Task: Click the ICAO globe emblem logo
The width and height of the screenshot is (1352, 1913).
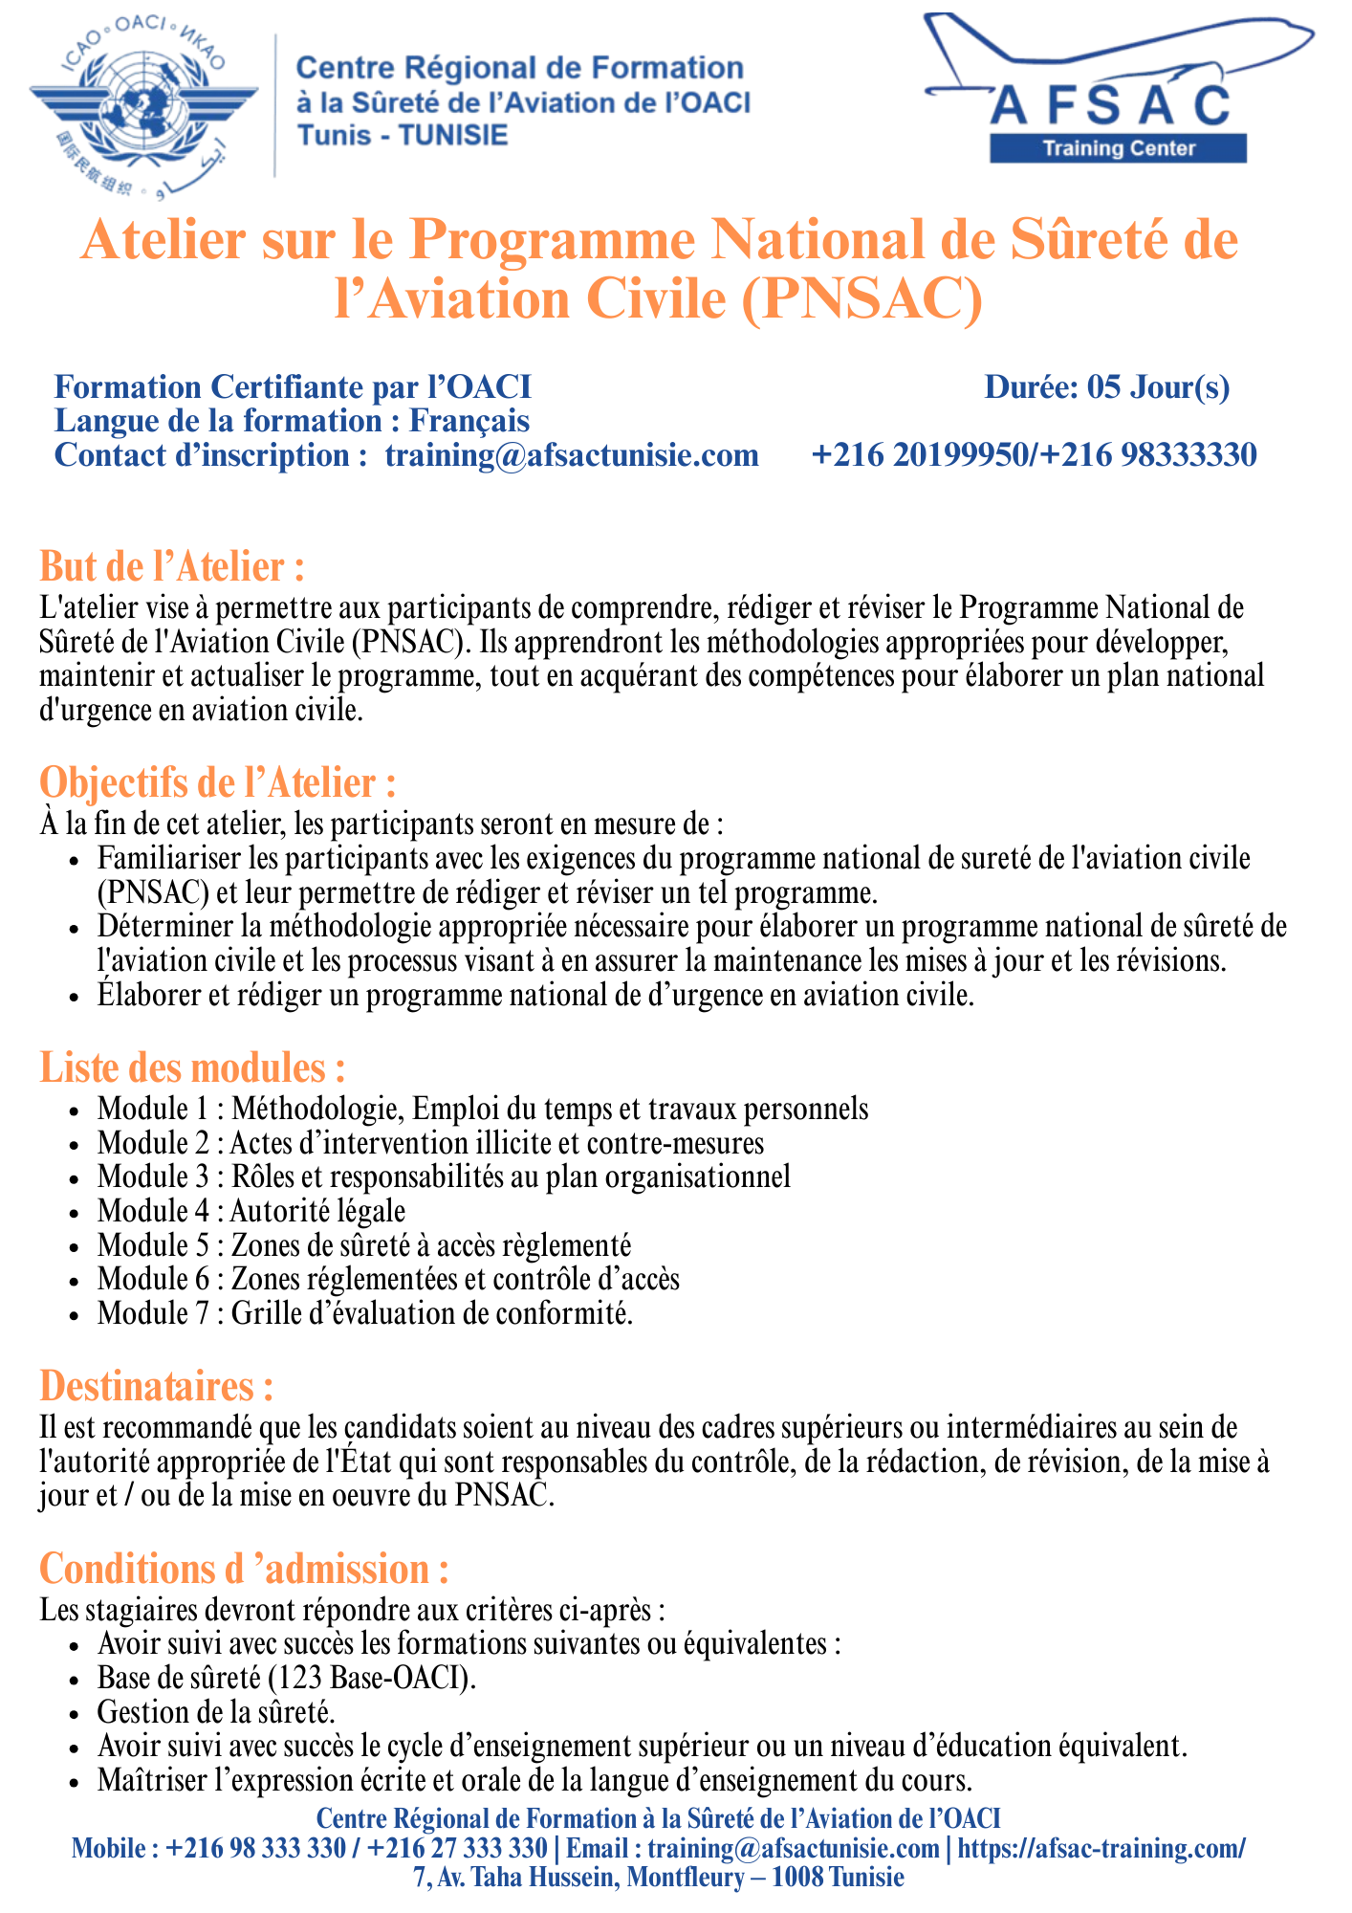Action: coord(144,106)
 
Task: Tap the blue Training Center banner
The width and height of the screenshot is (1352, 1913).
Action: coord(1118,148)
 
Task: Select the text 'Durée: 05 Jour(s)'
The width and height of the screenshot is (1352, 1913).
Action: coord(1106,387)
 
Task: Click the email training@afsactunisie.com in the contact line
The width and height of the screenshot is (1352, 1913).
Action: coord(572,455)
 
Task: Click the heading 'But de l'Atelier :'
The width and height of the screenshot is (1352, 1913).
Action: coord(172,567)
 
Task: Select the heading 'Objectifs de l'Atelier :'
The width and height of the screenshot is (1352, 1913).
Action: coord(217,782)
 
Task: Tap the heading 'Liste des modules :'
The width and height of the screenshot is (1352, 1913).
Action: coord(192,1067)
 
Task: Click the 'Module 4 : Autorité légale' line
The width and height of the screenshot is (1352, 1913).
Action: coord(251,1211)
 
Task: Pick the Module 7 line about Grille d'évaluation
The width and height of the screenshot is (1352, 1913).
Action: coord(364,1313)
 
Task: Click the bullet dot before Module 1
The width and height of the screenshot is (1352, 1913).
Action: coord(74,1111)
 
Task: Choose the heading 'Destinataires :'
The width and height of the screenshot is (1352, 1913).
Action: coord(157,1386)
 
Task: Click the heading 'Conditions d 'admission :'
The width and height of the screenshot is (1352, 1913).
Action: coord(244,1570)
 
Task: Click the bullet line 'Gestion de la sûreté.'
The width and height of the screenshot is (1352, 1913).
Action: coord(215,1712)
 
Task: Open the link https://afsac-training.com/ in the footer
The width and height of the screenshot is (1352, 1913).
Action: coord(1101,1848)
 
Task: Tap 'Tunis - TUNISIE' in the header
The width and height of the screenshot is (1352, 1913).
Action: coord(403,135)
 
